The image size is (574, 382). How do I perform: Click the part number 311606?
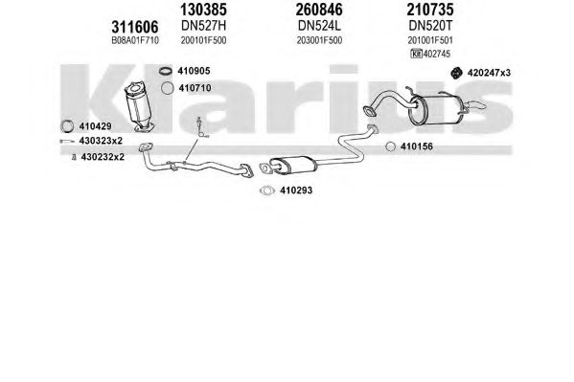pyautogui.click(x=135, y=27)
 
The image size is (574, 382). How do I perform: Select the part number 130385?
pyautogui.click(x=203, y=10)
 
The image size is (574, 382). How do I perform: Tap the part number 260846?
pyautogui.click(x=319, y=10)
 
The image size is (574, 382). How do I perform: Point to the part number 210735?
pyautogui.click(x=430, y=10)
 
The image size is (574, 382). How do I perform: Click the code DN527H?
pyautogui.click(x=203, y=26)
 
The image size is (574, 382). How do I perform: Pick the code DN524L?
pyautogui.click(x=319, y=26)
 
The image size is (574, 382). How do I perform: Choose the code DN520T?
pyautogui.click(x=430, y=26)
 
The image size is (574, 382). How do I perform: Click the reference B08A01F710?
pyautogui.click(x=135, y=40)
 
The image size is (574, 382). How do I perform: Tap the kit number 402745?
pyautogui.click(x=436, y=54)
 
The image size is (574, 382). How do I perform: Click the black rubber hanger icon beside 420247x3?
pyautogui.click(x=456, y=73)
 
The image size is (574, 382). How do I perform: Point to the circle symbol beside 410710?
pyautogui.click(x=168, y=88)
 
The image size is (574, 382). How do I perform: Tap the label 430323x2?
pyautogui.click(x=101, y=141)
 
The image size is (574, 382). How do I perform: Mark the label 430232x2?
pyautogui.click(x=103, y=157)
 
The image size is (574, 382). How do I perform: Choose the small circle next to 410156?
pyautogui.click(x=391, y=146)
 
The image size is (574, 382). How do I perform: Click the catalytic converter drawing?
pyautogui.click(x=139, y=106)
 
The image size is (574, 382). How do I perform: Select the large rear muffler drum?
pyautogui.click(x=436, y=110)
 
